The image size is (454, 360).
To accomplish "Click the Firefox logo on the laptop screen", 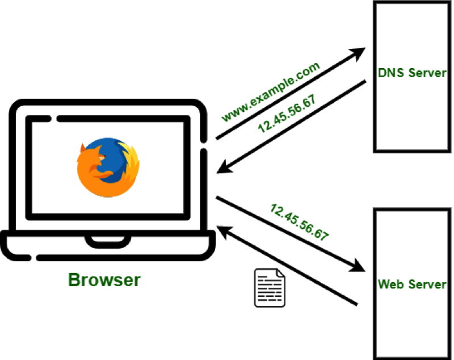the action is [108, 167].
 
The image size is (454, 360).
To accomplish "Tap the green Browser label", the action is [104, 280].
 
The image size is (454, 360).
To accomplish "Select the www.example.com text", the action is [271, 91].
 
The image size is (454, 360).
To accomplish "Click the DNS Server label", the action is [412, 73].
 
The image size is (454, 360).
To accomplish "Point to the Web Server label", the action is [412, 284].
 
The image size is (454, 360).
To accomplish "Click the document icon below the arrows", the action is [270, 287].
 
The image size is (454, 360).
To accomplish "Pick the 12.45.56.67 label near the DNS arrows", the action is [287, 114].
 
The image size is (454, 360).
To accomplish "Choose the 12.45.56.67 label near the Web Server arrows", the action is [300, 222].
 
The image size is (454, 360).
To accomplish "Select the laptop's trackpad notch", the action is [108, 241].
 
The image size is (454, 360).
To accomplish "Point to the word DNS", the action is [391, 73].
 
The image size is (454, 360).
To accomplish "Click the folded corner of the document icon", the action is [281, 273].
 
